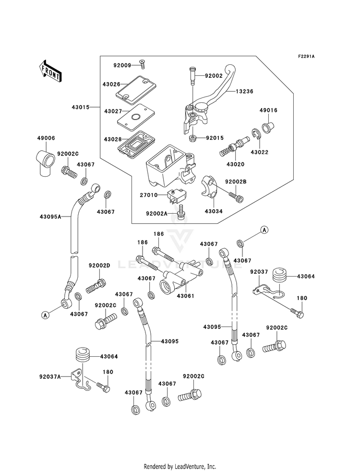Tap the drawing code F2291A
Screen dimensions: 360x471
tap(306, 56)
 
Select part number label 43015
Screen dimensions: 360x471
tap(81, 107)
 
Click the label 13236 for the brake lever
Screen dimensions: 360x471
tap(244, 91)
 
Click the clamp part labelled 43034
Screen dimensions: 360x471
tap(209, 187)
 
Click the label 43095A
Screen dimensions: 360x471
tap(50, 216)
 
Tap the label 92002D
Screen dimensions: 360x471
tap(99, 266)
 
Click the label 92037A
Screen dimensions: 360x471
tap(50, 376)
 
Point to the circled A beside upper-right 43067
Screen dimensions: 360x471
tap(264, 230)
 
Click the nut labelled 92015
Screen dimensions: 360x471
tap(192, 138)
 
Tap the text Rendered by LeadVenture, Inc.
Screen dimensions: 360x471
tap(180, 466)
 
